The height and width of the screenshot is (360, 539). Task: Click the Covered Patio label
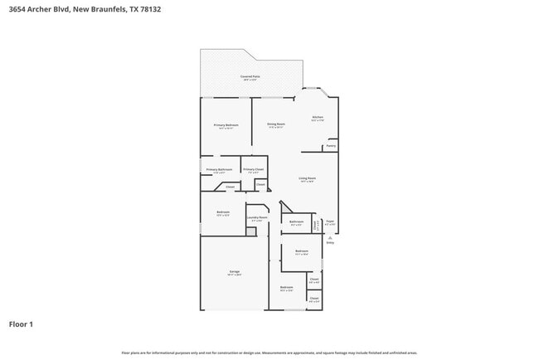(250, 76)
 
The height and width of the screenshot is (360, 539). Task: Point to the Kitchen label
(317, 118)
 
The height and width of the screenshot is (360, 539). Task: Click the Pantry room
(330, 146)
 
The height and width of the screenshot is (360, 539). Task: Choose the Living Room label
(307, 178)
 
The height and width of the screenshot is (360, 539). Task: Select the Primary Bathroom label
(219, 169)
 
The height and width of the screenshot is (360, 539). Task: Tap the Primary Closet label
(253, 169)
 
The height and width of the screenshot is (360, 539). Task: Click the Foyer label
(329, 221)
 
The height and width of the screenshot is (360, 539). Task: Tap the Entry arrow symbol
(329, 237)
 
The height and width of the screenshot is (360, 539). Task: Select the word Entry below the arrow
(329, 243)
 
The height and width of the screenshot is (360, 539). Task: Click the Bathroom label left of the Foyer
(296, 221)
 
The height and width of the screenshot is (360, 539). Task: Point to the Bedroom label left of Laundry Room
(222, 212)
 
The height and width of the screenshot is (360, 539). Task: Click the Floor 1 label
(22, 324)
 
